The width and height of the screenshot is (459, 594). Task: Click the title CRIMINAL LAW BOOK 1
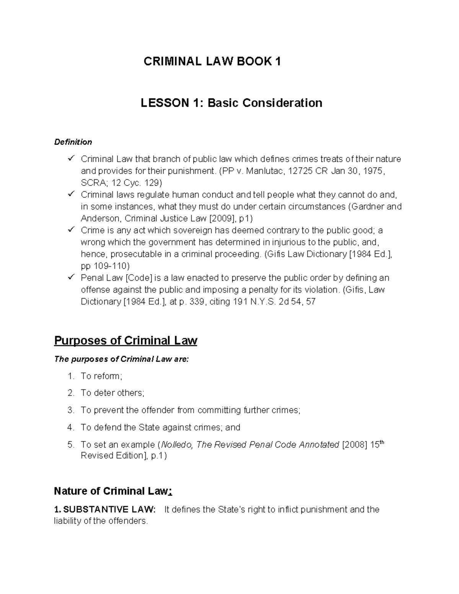click(x=212, y=62)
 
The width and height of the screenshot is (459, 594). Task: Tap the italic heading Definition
click(x=73, y=142)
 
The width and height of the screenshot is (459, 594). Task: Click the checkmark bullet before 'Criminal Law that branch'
click(x=71, y=158)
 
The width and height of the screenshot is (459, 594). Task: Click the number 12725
click(x=300, y=171)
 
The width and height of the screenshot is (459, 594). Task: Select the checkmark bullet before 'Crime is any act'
click(x=71, y=230)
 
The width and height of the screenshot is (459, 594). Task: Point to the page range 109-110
click(x=111, y=266)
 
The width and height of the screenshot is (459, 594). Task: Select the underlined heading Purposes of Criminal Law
click(x=125, y=340)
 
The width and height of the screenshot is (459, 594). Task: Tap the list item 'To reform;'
click(x=101, y=376)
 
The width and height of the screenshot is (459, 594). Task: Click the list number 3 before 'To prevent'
click(x=70, y=410)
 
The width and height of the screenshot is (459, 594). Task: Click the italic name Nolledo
click(x=177, y=445)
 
